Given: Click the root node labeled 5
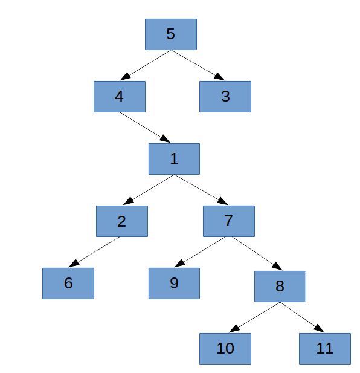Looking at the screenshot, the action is [x=171, y=34].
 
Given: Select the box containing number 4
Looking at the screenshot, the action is [x=120, y=97].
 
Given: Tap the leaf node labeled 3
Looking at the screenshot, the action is [x=225, y=97].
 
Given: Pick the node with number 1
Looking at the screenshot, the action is [x=174, y=159].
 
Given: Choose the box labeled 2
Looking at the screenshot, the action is [x=122, y=221].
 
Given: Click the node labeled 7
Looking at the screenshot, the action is [x=229, y=221].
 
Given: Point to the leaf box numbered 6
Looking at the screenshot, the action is [x=68, y=284].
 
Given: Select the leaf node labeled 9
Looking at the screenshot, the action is [x=174, y=284].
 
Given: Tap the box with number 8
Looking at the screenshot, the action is [x=280, y=287].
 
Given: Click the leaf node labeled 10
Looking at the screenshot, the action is [x=225, y=349].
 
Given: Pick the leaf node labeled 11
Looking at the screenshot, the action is [x=325, y=349].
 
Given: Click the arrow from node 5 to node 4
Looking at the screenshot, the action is [x=146, y=65].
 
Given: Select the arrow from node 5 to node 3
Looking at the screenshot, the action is [x=198, y=65].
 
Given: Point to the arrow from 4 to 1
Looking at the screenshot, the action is [x=145, y=128].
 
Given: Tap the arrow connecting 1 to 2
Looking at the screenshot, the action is [x=149, y=190].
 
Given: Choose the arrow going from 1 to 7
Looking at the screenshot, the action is [x=201, y=190].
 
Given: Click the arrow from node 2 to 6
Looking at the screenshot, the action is [x=94, y=252].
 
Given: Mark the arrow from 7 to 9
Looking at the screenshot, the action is [x=200, y=252].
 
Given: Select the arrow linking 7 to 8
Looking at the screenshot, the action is [x=257, y=253].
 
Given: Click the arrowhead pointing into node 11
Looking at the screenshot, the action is [x=320, y=329].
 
